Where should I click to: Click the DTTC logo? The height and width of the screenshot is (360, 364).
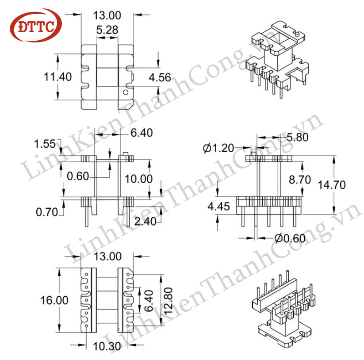35,26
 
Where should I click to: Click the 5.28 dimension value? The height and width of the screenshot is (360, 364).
107,30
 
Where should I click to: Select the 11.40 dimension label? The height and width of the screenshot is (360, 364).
57,77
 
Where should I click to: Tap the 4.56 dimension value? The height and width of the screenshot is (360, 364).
160,77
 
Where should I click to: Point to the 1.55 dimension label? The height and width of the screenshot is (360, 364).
45,144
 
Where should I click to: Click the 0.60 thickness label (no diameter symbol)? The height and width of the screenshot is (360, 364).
78,176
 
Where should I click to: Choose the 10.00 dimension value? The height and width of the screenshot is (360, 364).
138,179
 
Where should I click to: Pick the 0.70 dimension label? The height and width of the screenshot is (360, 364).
47,212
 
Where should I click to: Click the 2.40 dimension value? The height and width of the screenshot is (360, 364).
146,222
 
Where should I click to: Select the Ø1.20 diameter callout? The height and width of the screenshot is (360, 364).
218,148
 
